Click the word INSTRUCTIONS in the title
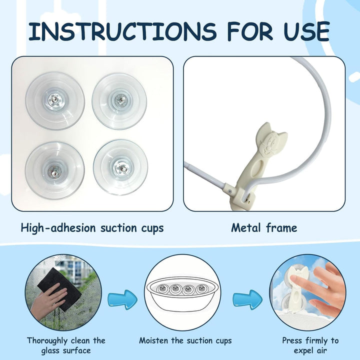[122, 31]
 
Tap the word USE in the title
[306, 31]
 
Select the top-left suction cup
[55, 101]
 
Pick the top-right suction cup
[119, 101]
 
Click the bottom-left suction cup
[55, 170]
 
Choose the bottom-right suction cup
[120, 167]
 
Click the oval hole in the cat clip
[257, 168]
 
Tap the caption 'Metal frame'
[264, 228]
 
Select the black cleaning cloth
[59, 288]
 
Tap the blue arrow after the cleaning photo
[123, 299]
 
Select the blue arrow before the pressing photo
[247, 299]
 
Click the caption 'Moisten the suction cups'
[185, 340]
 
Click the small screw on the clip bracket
[229, 190]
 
